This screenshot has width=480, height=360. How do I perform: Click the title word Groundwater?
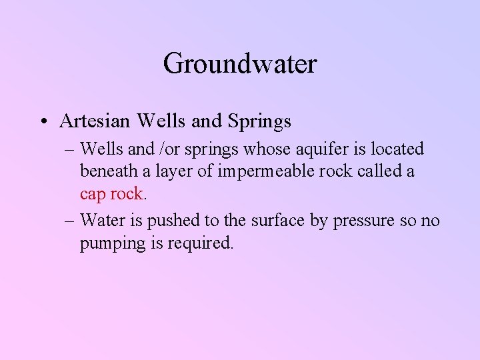pos(239,65)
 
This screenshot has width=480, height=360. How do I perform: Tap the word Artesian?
pos(91,122)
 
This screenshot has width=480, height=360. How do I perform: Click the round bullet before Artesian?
pos(43,123)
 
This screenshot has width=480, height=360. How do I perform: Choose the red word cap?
pos(93,194)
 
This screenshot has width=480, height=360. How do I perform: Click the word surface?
pos(257,220)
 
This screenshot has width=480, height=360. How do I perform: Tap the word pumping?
pos(111,243)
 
